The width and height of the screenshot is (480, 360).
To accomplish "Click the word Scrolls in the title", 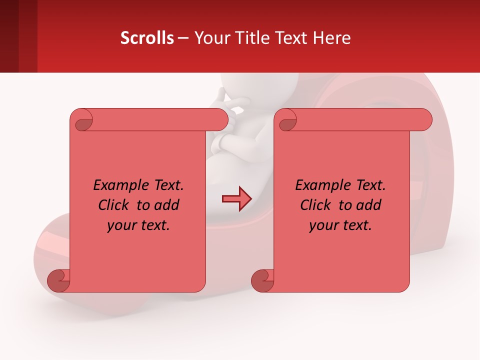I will (x=147, y=37).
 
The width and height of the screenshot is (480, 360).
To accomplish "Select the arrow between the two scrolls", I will (x=236, y=199).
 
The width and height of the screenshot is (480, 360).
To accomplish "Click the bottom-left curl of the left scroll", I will (x=59, y=280).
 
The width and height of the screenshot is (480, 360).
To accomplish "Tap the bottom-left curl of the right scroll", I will (x=262, y=280).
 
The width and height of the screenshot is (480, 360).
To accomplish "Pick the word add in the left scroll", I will (x=166, y=205).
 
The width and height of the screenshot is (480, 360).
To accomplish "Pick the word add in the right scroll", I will (x=368, y=205).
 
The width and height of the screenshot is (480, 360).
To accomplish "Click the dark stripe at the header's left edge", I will (x=9, y=36).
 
